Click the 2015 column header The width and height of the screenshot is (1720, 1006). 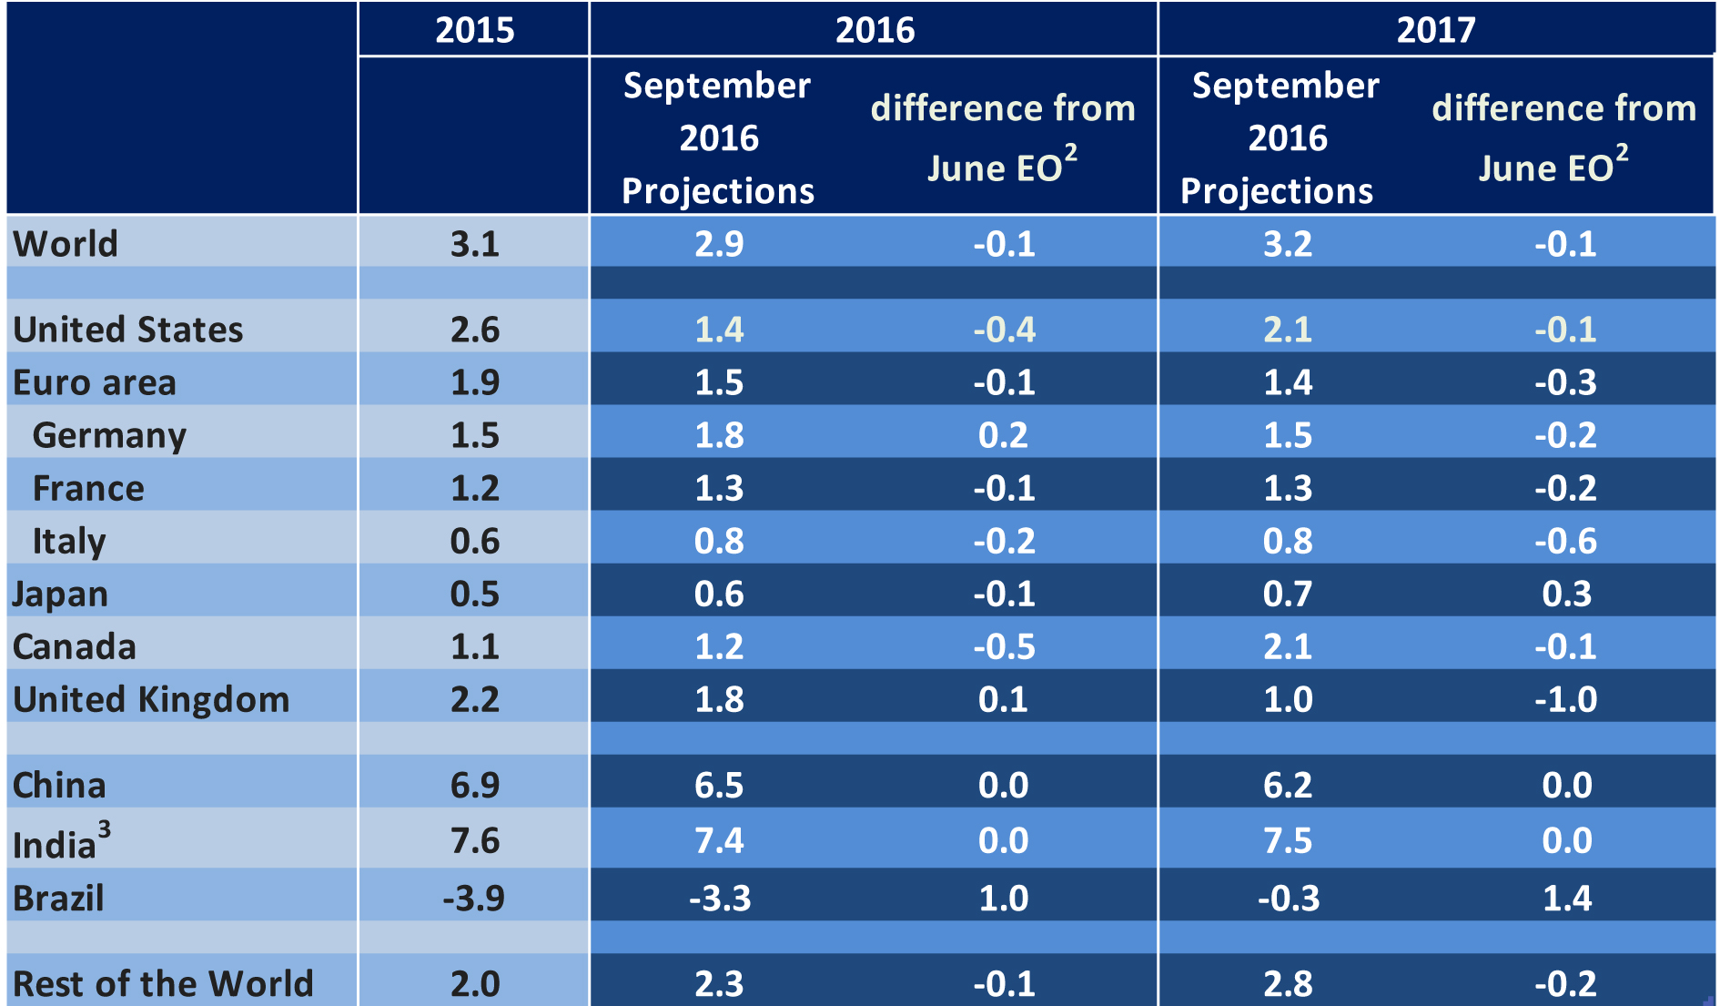tap(474, 30)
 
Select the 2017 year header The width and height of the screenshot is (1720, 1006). tap(1435, 30)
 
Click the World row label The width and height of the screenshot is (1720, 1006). tap(66, 244)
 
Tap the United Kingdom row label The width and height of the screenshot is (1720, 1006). tap(151, 699)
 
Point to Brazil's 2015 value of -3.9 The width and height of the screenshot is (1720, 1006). tap(473, 898)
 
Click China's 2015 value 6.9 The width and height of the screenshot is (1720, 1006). tap(474, 785)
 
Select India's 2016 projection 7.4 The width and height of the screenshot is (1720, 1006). tap(719, 839)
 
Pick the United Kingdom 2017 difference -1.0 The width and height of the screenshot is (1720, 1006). tap(1565, 699)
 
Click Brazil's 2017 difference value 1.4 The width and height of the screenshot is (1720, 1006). tap(1566, 898)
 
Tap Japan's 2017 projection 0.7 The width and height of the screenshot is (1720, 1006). tap(1287, 594)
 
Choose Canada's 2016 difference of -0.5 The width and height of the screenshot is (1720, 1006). tap(1004, 646)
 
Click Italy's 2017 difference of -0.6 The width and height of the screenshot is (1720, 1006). tap(1565, 541)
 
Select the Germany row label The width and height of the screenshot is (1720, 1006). tap(109, 435)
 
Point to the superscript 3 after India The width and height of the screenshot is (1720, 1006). tap(105, 829)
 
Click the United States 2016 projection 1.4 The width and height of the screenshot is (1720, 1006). tap(719, 329)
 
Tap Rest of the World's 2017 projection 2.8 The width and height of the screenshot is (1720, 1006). tap(1287, 983)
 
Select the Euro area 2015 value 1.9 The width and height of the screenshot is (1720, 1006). tap(474, 382)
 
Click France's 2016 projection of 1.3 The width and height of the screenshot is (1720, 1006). tap(719, 488)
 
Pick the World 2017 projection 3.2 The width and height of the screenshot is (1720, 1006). tap(1287, 244)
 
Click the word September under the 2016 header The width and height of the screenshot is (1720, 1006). tap(716, 86)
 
